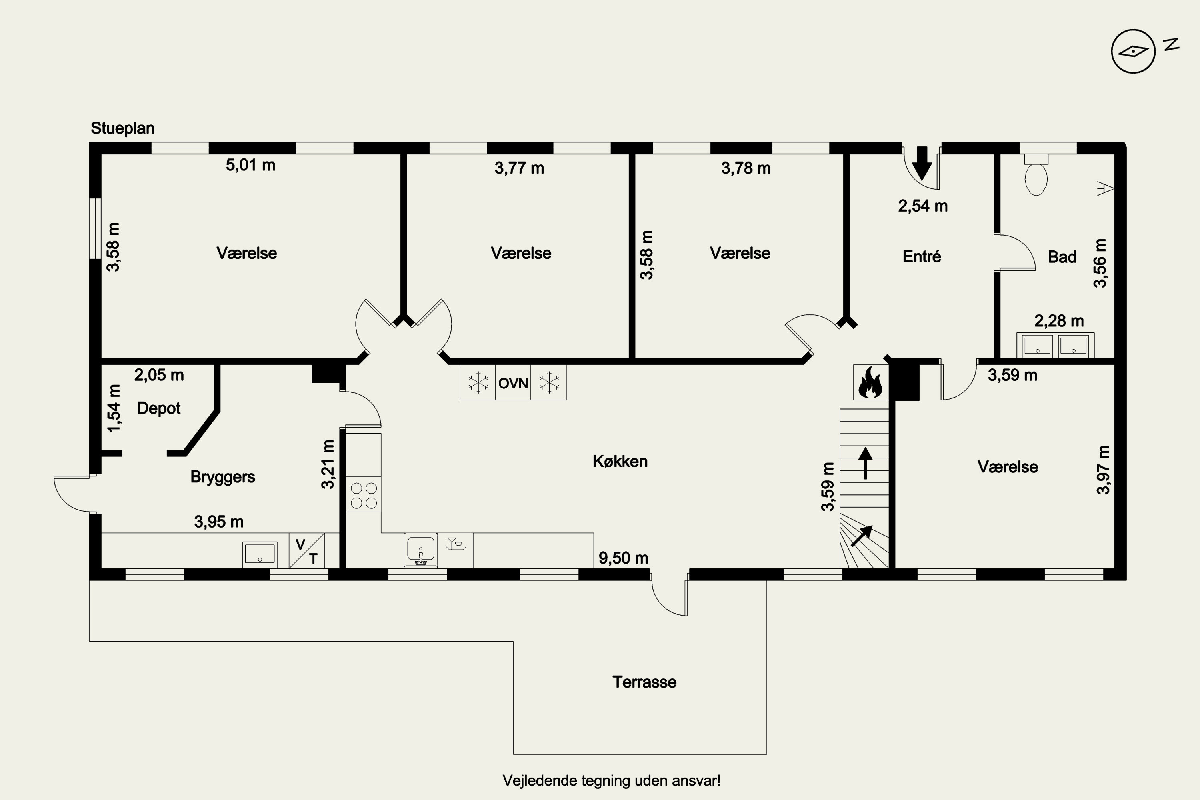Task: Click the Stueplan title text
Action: [122, 128]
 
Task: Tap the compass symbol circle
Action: [1133, 30]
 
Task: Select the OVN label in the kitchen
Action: [513, 383]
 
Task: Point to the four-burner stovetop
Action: [364, 494]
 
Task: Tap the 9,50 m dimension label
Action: [624, 558]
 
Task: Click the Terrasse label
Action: [644, 682]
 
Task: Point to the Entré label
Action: [922, 256]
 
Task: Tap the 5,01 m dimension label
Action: [250, 165]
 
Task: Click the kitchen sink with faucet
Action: [421, 550]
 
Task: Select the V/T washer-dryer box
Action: [307, 550]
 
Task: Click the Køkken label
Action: [620, 461]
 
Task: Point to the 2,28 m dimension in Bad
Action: [1059, 321]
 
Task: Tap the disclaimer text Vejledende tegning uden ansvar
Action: [612, 781]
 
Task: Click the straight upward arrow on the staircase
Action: [865, 463]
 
